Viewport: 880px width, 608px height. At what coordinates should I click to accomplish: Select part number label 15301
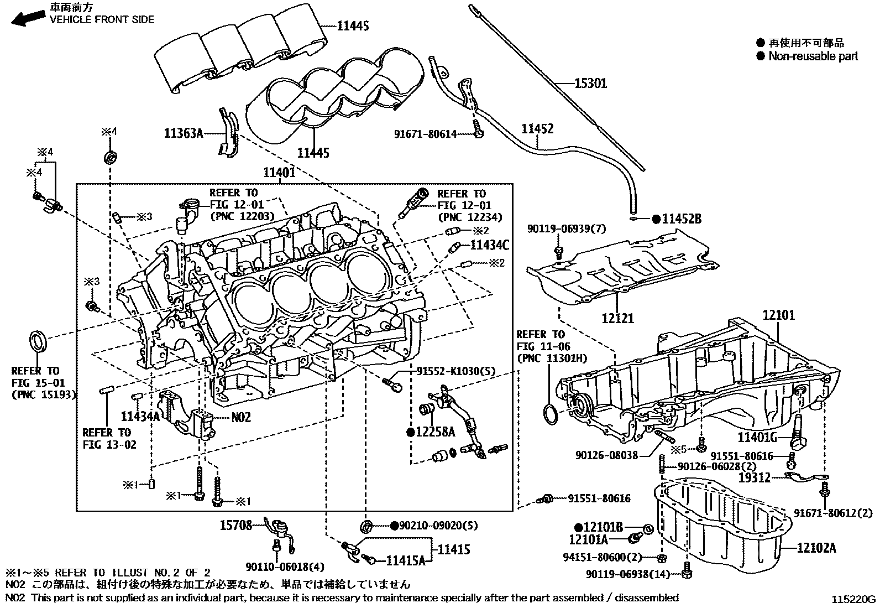590,84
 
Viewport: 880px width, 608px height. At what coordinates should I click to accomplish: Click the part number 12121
617,318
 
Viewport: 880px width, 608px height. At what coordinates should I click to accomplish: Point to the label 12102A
816,548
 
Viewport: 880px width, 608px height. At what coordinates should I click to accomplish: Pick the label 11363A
184,133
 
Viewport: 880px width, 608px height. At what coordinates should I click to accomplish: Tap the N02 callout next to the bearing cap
240,417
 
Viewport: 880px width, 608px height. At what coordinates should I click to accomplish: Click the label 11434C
489,244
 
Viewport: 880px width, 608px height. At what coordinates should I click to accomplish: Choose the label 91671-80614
426,134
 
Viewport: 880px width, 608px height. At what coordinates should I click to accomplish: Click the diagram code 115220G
855,599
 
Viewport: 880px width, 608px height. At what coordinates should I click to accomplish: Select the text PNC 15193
43,394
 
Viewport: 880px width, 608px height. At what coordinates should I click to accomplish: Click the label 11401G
758,438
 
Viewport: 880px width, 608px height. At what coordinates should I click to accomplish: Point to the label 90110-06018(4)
286,566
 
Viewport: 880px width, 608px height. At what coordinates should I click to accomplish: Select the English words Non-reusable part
813,56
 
